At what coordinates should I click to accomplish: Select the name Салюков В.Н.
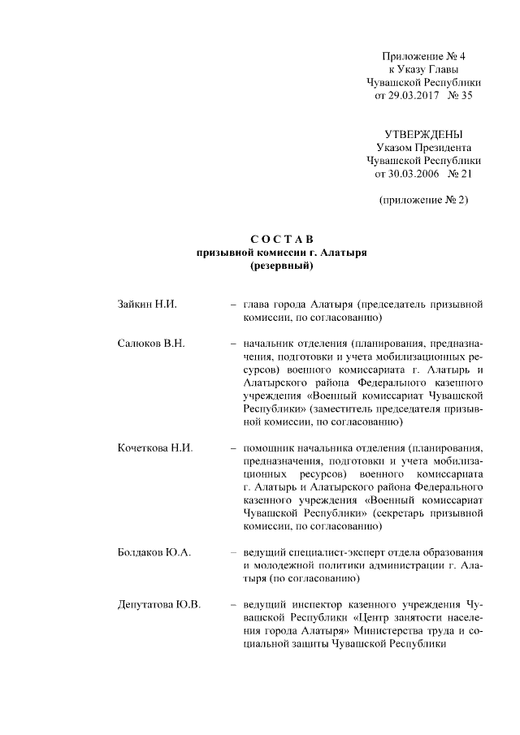(x=151, y=344)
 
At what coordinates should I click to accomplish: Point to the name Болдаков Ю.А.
(x=154, y=553)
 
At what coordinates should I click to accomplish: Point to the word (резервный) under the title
(x=282, y=266)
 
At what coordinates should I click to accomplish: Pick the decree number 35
(x=466, y=96)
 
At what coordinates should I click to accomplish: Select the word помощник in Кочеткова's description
(x=271, y=448)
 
